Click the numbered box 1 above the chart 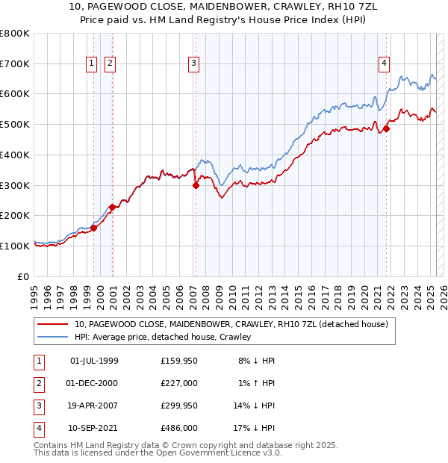pyautogui.click(x=91, y=64)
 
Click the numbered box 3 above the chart pyautogui.click(x=193, y=64)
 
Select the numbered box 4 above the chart pyautogui.click(x=384, y=64)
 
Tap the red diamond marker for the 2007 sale pyautogui.click(x=196, y=186)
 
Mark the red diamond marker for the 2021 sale pyautogui.click(x=387, y=129)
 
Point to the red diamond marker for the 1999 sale pyautogui.click(x=94, y=228)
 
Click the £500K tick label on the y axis pyautogui.click(x=14, y=125)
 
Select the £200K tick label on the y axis pyautogui.click(x=14, y=216)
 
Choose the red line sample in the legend pyautogui.click(x=53, y=324)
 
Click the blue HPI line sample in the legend pyautogui.click(x=53, y=337)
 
